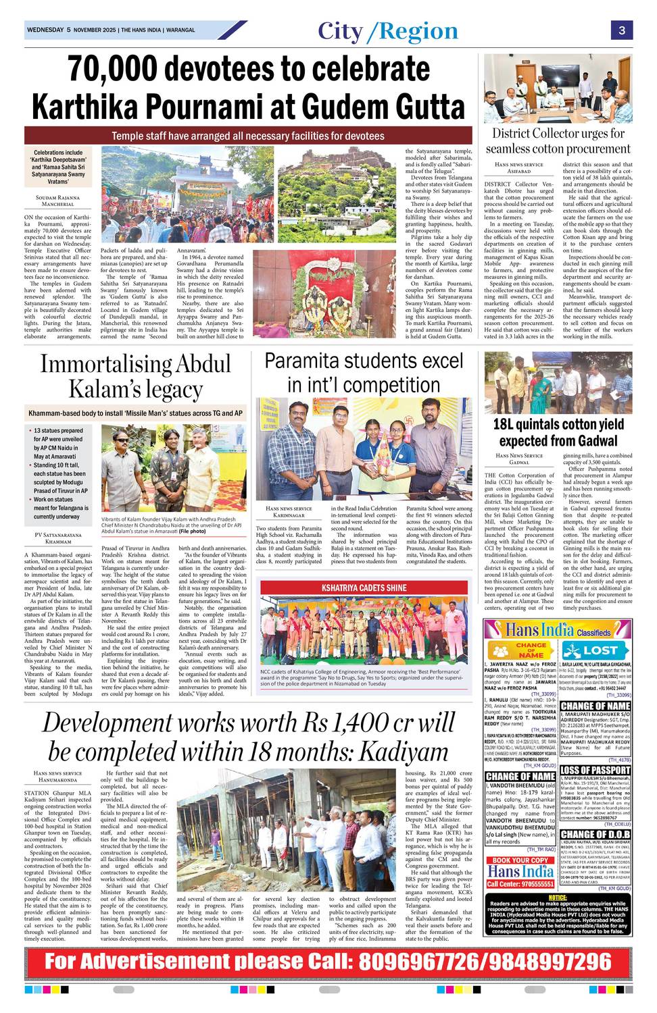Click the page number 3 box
pyautogui.click(x=620, y=30)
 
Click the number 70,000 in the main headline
pyautogui.click(x=115, y=69)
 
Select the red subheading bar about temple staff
pyautogui.click(x=248, y=136)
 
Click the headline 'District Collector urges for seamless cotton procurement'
pyautogui.click(x=558, y=140)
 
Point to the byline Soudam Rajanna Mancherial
pyautogui.click(x=57, y=201)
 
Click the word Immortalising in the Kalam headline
pyautogui.click(x=105, y=364)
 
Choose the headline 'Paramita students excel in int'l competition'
pyautogui.click(x=364, y=373)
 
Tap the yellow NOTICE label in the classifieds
pyautogui.click(x=558, y=898)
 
